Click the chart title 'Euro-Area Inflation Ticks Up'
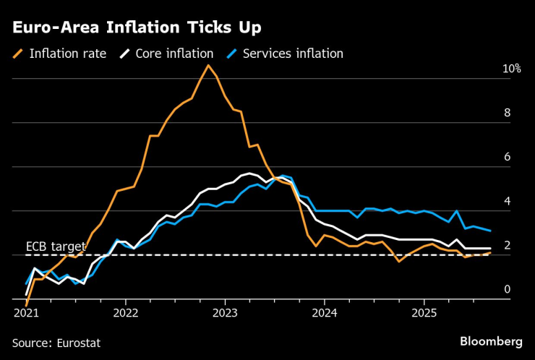(136, 27)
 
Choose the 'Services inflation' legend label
(293, 53)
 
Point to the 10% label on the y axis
(512, 69)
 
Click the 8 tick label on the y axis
(508, 113)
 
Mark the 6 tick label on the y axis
(508, 157)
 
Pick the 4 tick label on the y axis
(508, 201)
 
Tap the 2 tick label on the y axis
(508, 246)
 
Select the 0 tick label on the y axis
(508, 290)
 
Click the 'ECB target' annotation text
(56, 247)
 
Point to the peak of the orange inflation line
(208, 66)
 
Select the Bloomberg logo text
(491, 340)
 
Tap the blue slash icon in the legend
(231, 53)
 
